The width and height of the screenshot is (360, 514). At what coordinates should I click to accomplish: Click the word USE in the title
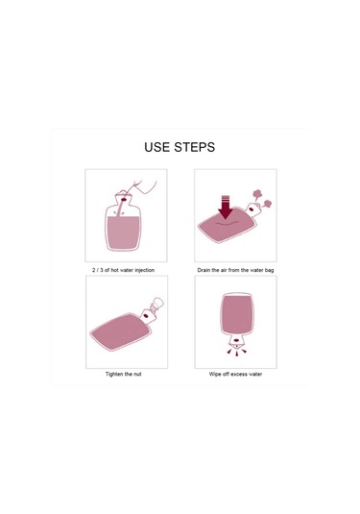(157, 147)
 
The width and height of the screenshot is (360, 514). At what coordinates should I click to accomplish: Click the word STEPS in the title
(195, 147)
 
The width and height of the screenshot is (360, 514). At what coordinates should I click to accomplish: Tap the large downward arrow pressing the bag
(226, 208)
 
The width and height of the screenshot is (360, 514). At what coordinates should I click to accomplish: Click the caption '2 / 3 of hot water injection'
(123, 270)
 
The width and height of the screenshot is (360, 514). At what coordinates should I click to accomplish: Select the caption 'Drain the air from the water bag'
(235, 270)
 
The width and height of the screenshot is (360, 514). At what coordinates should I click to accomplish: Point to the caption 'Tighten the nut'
(124, 374)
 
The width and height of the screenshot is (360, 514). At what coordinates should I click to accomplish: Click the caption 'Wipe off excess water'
(235, 374)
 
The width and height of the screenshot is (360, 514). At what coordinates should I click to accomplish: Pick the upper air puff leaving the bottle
(257, 194)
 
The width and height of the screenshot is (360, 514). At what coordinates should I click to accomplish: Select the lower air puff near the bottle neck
(267, 205)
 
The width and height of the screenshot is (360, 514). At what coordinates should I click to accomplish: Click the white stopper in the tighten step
(156, 304)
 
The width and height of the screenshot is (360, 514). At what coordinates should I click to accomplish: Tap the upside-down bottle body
(237, 314)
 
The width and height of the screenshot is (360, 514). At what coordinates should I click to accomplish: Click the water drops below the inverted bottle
(237, 352)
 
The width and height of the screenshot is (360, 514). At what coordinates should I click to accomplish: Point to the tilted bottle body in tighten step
(122, 331)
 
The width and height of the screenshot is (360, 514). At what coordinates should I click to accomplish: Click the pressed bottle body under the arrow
(226, 225)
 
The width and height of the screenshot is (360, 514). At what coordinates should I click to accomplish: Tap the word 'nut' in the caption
(137, 374)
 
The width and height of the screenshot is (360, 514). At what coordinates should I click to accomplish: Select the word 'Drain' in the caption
(204, 270)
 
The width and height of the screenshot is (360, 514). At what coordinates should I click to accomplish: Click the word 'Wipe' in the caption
(215, 374)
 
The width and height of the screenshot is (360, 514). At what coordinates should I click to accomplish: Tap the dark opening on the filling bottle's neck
(124, 199)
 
